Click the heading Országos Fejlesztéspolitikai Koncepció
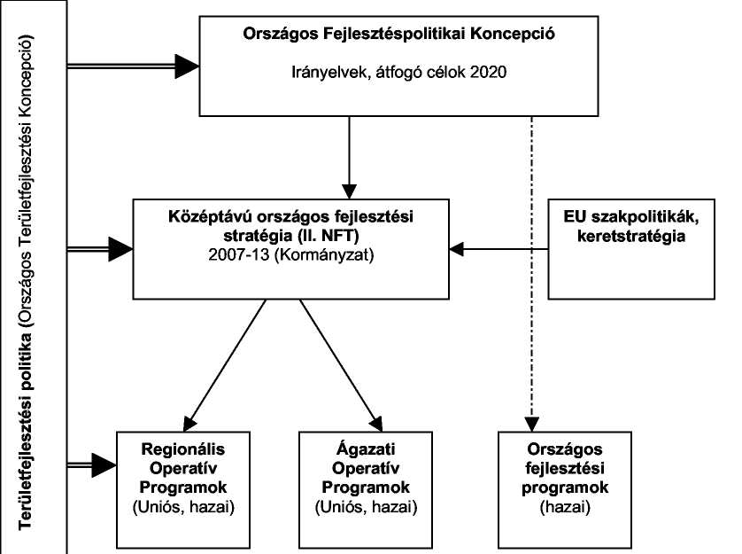tap(399, 34)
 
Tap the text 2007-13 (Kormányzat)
tap(291, 255)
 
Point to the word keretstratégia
tap(631, 236)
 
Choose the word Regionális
tap(183, 449)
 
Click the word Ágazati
tap(366, 449)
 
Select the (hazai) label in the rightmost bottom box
tap(565, 508)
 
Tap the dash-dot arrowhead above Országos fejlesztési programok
tap(532, 424)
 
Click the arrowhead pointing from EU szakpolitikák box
tap(456, 249)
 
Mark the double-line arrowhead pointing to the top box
tap(187, 66)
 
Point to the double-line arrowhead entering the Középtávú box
tap(120, 249)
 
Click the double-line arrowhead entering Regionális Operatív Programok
tap(104, 464)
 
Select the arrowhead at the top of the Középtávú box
tap(349, 191)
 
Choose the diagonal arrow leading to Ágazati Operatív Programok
tap(341, 365)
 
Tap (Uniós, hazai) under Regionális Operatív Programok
tap(183, 508)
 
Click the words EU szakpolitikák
tap(631, 216)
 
